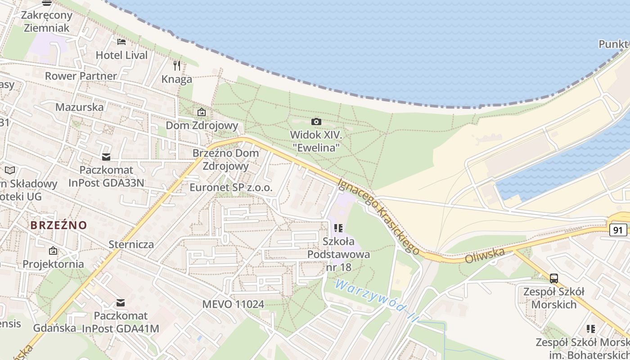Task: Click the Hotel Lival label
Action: [x=121, y=55]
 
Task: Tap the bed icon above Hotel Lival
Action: [x=121, y=42]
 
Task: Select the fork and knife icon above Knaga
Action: [x=177, y=66]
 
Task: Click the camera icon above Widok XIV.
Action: [x=316, y=121]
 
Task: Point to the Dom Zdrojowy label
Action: [x=202, y=126]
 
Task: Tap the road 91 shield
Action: [x=619, y=230]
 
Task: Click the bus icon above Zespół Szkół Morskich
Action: [x=554, y=278]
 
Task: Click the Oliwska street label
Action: [x=485, y=256]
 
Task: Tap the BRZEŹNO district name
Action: [x=58, y=225]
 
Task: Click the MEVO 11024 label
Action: [x=233, y=304]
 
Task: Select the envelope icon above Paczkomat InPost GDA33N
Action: [x=106, y=157]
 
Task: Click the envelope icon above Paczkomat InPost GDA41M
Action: [x=121, y=303]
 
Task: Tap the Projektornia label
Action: [x=53, y=264]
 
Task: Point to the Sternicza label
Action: [x=131, y=244]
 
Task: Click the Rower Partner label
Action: [x=81, y=76]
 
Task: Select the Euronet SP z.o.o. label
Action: [x=231, y=188]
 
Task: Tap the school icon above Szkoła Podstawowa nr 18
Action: [x=339, y=228]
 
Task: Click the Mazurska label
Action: [x=79, y=107]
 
